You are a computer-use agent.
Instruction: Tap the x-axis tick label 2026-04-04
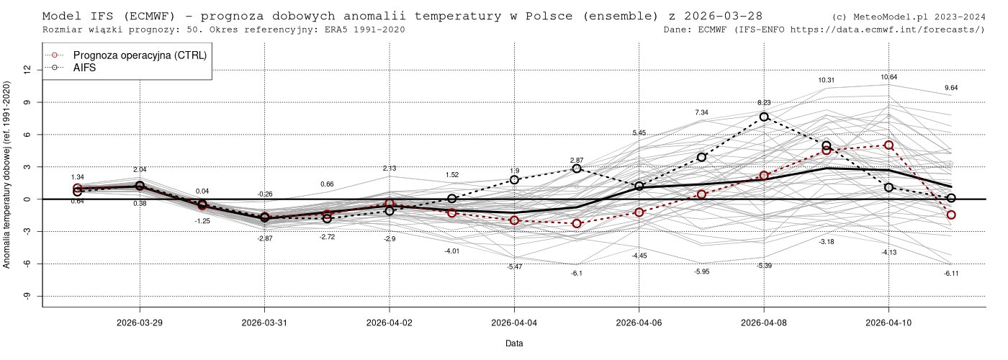[x=514, y=323]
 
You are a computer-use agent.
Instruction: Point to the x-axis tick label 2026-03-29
[x=140, y=323]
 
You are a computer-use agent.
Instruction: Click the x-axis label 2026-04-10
[x=888, y=323]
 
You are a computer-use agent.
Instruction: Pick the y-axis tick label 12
[x=27, y=70]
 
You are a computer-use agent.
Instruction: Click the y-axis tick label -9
[x=27, y=296]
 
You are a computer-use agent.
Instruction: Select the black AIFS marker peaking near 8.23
[x=764, y=117]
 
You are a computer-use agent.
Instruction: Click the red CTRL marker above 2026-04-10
[x=888, y=145]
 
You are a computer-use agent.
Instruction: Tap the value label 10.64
[x=888, y=77]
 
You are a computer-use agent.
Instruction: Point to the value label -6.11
[x=951, y=274]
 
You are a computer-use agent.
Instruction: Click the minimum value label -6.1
[x=577, y=274]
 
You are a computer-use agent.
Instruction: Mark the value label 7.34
[x=702, y=112]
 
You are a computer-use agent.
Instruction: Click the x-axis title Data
[x=514, y=344]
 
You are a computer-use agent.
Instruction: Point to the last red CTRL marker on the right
[x=951, y=215]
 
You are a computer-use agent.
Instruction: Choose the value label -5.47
[x=514, y=266]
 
